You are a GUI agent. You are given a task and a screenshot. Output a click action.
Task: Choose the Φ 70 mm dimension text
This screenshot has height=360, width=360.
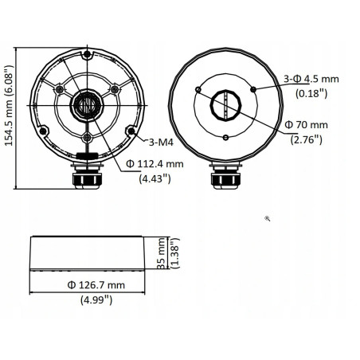tap(306, 125)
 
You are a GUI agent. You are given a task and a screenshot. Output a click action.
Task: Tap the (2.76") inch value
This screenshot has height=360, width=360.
tap(306, 139)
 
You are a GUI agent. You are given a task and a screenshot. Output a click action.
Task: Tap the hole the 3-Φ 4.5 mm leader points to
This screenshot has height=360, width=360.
tap(255, 89)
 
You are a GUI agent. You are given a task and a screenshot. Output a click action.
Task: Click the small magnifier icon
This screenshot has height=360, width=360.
tap(268, 216)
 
